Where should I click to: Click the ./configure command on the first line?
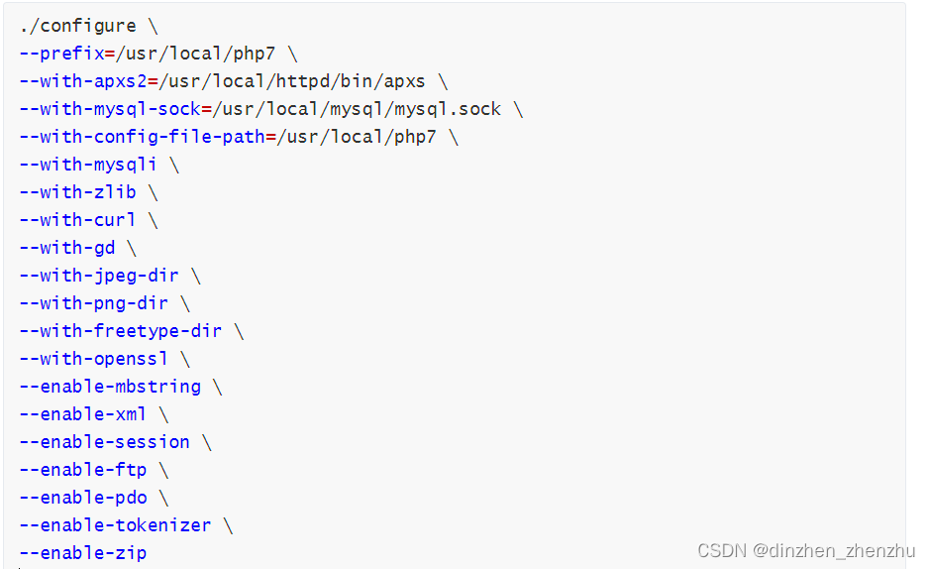(77, 26)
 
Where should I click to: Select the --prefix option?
(61, 54)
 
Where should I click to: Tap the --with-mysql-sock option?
(109, 109)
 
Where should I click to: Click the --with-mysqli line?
(87, 165)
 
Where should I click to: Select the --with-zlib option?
(77, 192)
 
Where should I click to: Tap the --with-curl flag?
(77, 220)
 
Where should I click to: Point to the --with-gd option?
(66, 248)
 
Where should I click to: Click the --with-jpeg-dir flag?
(98, 276)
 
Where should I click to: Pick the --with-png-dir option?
(93, 303)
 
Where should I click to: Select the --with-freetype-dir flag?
(120, 331)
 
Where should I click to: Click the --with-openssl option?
(93, 359)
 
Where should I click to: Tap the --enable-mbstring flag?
(109, 387)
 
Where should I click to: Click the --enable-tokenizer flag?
(114, 525)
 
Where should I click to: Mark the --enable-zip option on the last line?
(82, 553)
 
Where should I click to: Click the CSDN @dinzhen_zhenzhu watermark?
(806, 551)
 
